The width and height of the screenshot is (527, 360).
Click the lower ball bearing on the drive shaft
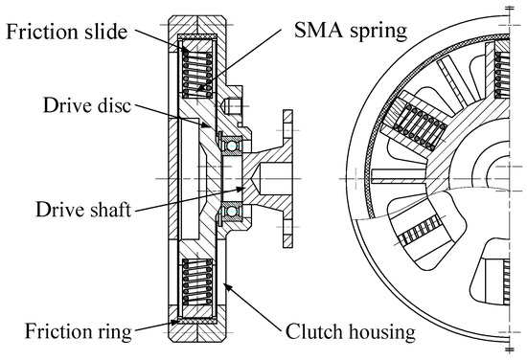[x=233, y=210]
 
